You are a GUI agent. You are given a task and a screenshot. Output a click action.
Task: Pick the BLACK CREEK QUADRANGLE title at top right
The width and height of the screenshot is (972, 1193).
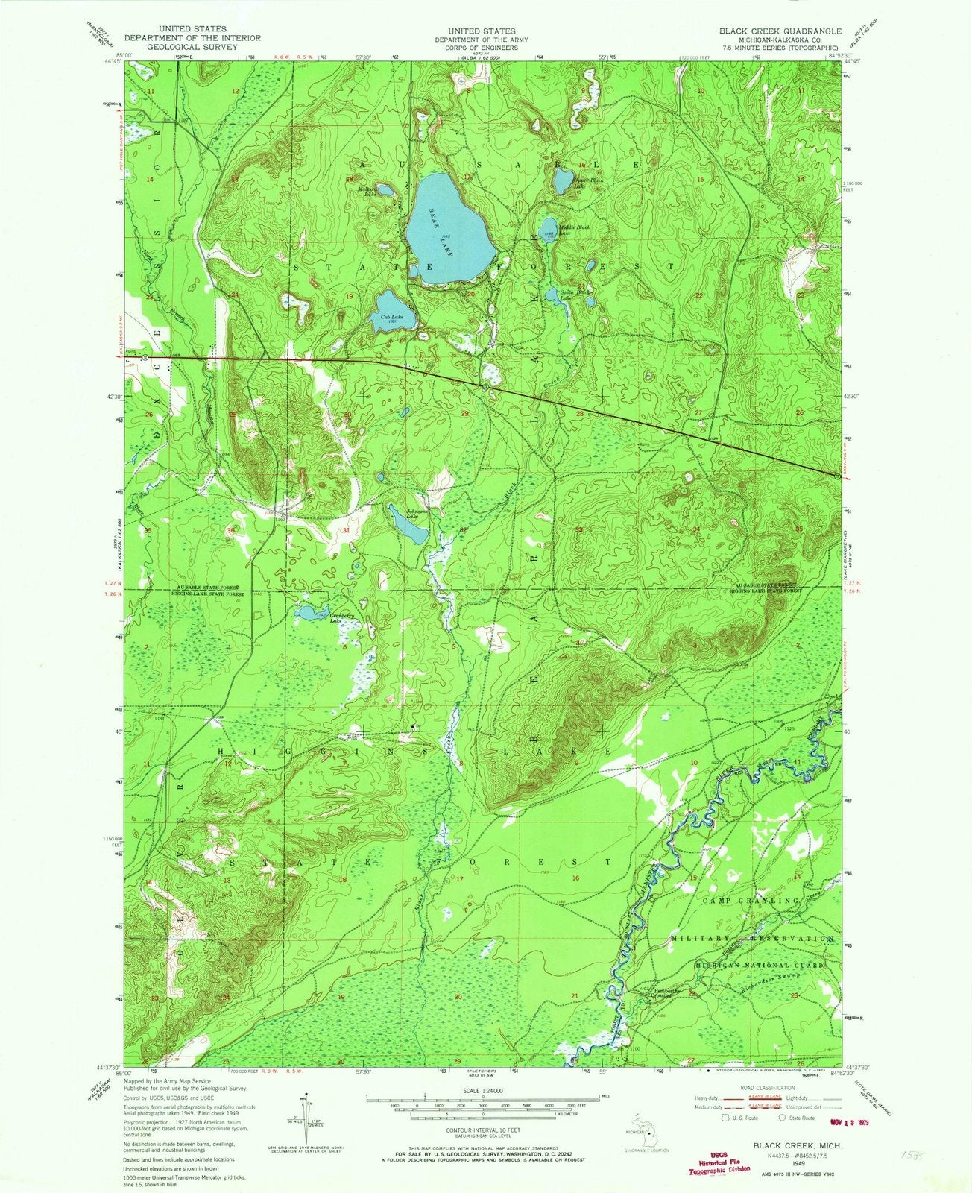(x=768, y=31)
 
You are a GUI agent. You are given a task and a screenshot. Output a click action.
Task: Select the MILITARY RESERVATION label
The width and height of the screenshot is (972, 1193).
(x=752, y=938)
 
